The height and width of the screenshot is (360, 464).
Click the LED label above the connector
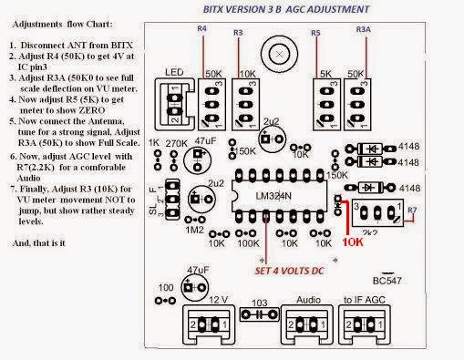pyautogui.click(x=176, y=71)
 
